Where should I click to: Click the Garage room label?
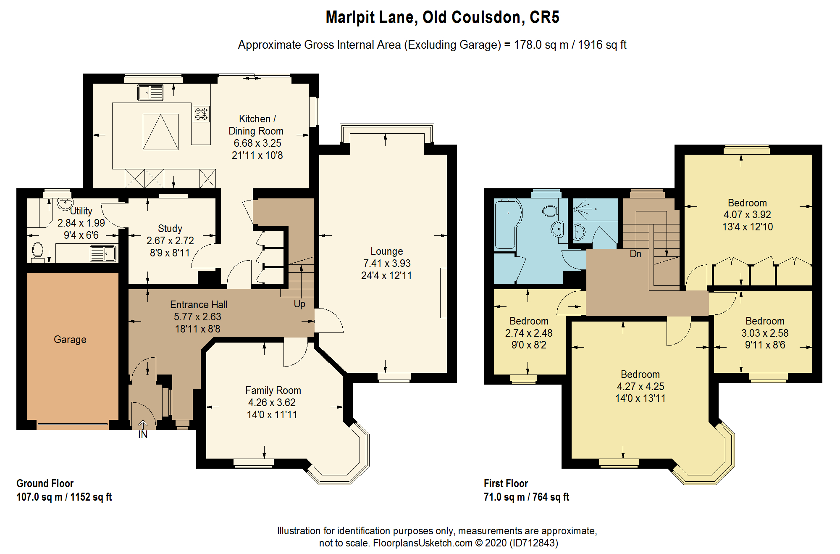70,340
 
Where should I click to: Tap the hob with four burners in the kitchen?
201,114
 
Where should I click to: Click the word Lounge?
386,251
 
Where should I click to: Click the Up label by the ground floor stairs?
299,304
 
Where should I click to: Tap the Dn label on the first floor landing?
635,254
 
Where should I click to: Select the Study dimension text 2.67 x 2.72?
170,241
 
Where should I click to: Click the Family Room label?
273,390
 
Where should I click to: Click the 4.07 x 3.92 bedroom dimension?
747,215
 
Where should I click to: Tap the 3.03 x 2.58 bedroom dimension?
765,333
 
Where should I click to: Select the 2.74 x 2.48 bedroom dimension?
529,333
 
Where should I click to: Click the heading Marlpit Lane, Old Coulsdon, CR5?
443,17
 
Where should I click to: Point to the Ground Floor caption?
45,483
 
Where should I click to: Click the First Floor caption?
506,483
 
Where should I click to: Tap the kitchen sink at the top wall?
150,92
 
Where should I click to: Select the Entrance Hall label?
199,305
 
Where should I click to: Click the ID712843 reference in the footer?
534,543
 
